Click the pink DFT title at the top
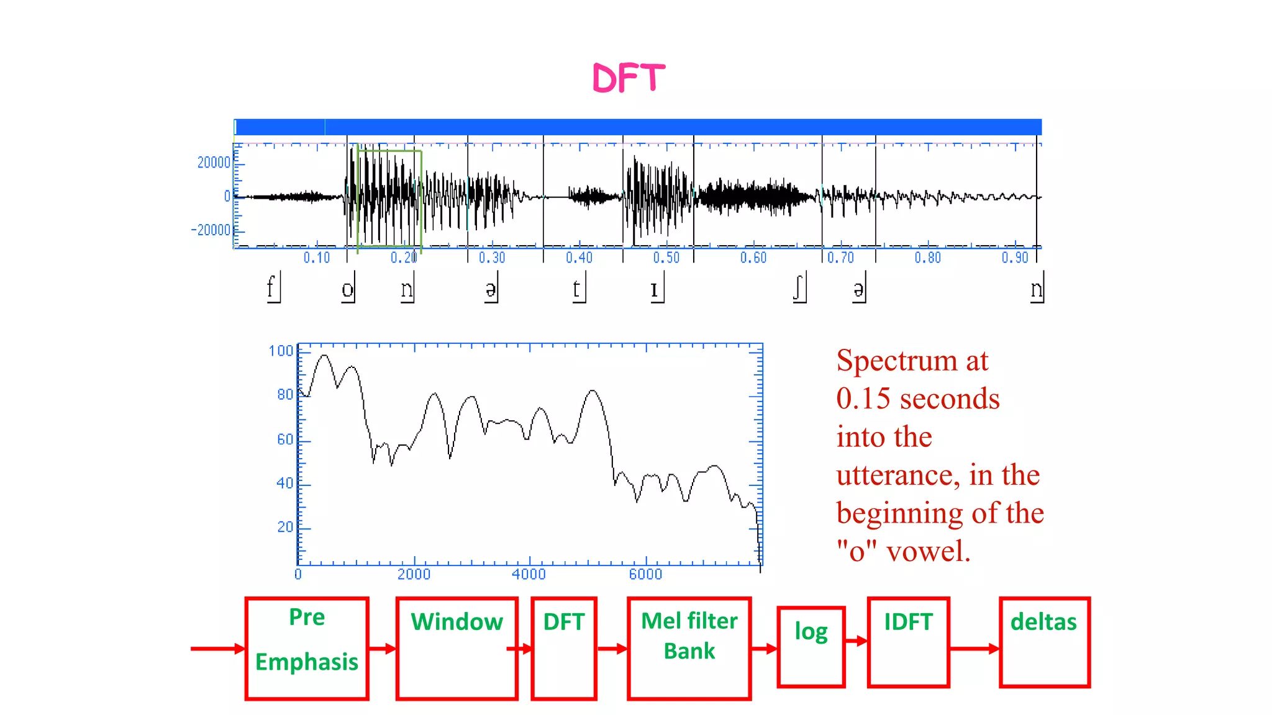(629, 78)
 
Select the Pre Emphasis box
(307, 648)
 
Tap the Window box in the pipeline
(457, 648)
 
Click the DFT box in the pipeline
(564, 648)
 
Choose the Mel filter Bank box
(689, 648)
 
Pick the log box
(811, 647)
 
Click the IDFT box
(908, 642)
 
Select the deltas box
(1044, 642)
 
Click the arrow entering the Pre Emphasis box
(217, 649)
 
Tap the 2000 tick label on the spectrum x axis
(414, 574)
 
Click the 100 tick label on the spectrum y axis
(281, 351)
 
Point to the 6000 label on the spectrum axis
(645, 574)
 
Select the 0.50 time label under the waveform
(666, 257)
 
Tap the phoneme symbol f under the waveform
(270, 288)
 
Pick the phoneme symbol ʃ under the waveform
(798, 288)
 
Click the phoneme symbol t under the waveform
(576, 289)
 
